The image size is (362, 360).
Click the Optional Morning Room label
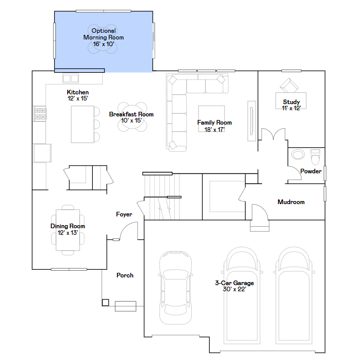click(104, 37)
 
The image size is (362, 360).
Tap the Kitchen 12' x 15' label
click(77, 95)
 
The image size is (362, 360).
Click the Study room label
click(291, 105)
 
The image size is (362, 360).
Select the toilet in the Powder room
click(315, 155)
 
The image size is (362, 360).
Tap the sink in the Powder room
click(297, 155)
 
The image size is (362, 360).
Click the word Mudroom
click(291, 202)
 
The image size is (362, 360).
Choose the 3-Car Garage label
click(234, 286)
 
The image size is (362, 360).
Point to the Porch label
click(125, 275)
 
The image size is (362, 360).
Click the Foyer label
click(124, 214)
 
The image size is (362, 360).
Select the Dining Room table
click(68, 229)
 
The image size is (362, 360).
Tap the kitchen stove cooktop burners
click(40, 113)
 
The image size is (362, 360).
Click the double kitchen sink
click(71, 78)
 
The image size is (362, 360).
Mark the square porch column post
click(105, 302)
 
